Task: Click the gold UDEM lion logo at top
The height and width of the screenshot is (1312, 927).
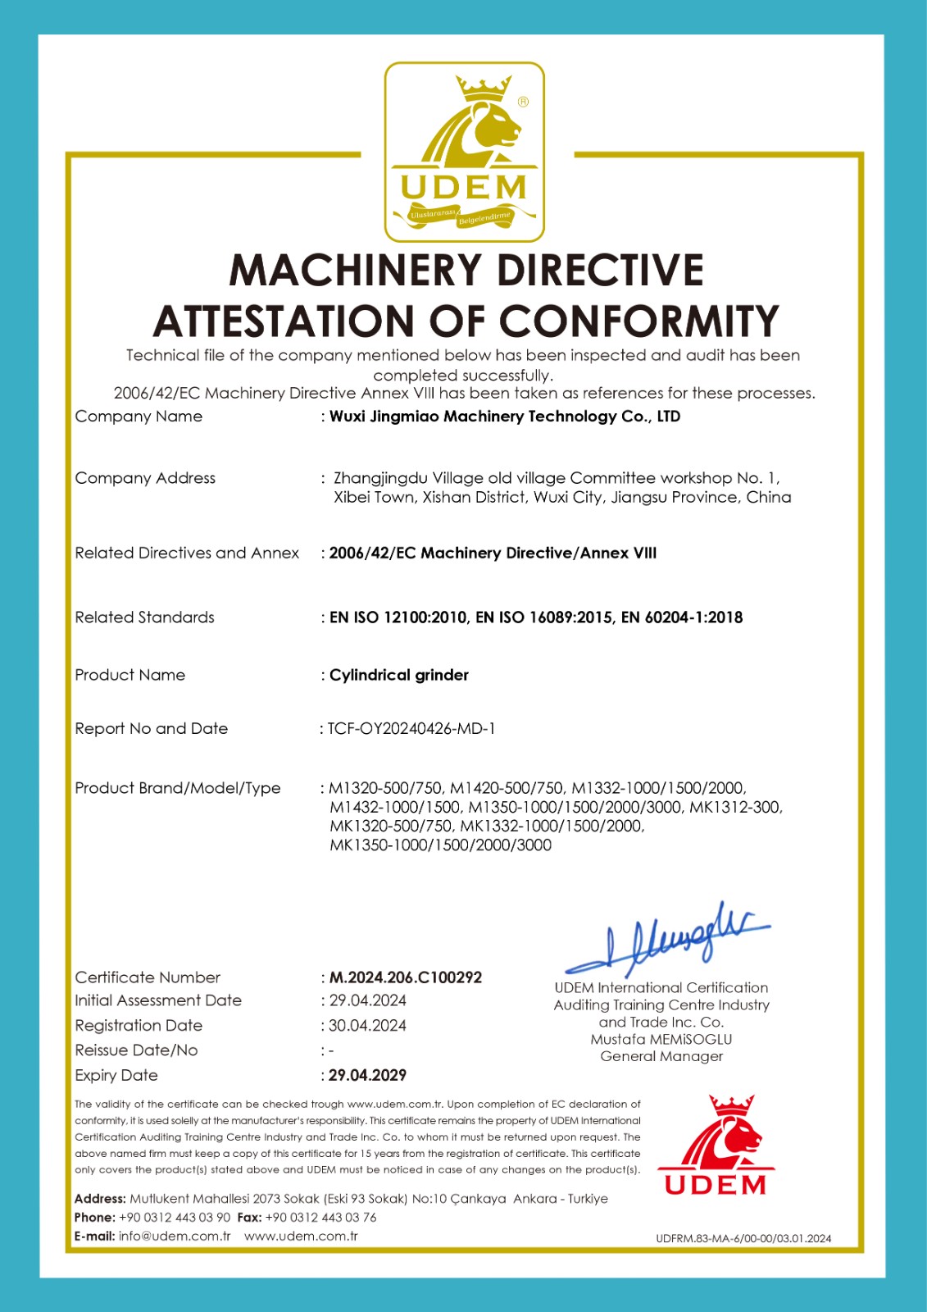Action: (465, 152)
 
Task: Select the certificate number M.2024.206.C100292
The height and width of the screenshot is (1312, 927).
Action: (406, 977)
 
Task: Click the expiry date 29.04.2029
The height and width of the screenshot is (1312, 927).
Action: (367, 1075)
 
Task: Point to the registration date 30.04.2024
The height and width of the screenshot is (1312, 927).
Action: (367, 1026)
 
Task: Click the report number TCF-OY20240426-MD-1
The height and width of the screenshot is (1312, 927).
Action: (411, 728)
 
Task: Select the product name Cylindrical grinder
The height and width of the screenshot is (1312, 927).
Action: (399, 675)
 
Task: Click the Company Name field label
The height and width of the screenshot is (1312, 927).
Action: (139, 417)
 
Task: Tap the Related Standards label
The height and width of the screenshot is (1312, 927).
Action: (144, 617)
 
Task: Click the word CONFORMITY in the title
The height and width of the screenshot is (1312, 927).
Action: (639, 321)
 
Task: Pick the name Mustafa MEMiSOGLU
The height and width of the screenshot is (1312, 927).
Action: (661, 1039)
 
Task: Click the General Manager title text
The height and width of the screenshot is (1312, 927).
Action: (661, 1056)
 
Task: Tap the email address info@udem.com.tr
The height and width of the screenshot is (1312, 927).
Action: (175, 1237)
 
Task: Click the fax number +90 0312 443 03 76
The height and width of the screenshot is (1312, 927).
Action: (320, 1218)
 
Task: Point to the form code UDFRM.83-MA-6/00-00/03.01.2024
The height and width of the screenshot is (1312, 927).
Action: (743, 1238)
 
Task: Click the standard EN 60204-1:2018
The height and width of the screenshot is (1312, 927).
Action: (682, 617)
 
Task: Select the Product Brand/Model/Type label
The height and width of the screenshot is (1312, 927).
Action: (178, 788)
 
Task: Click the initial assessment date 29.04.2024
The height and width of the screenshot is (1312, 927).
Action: (367, 1000)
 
